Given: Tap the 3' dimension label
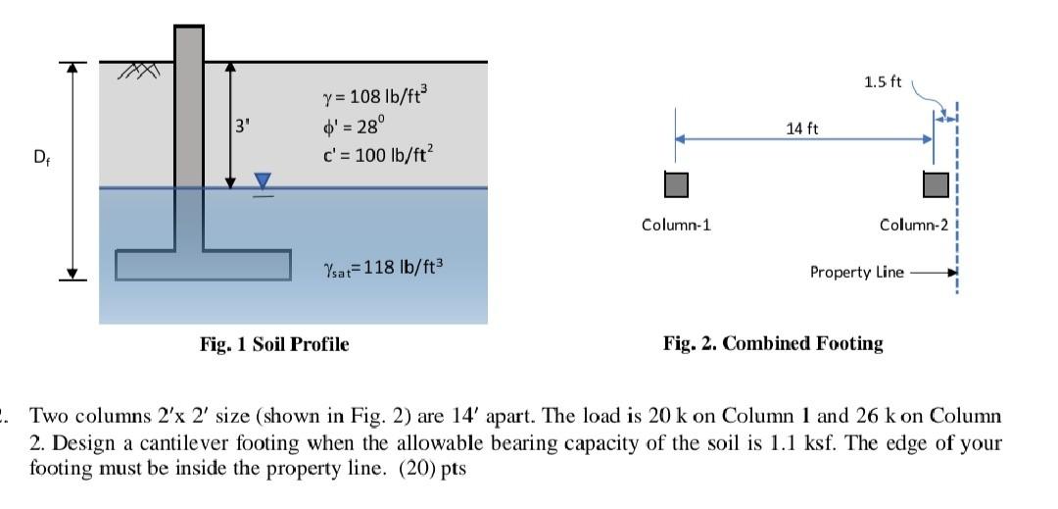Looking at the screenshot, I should [243, 126].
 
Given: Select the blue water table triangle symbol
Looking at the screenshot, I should [262, 180].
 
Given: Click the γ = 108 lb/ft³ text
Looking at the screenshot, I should [375, 96].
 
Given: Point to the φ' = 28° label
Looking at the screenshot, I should [354, 126].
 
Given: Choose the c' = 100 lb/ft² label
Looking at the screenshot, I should [375, 154].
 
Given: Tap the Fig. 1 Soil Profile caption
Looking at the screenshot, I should [273, 343].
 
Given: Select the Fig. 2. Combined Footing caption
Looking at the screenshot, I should [773, 343].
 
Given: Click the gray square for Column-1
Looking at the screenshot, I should [676, 183].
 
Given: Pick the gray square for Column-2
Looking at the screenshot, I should [935, 183].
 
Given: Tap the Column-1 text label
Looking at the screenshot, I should [676, 225].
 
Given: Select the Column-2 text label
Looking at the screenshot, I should [914, 225].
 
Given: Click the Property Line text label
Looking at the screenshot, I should [857, 272].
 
